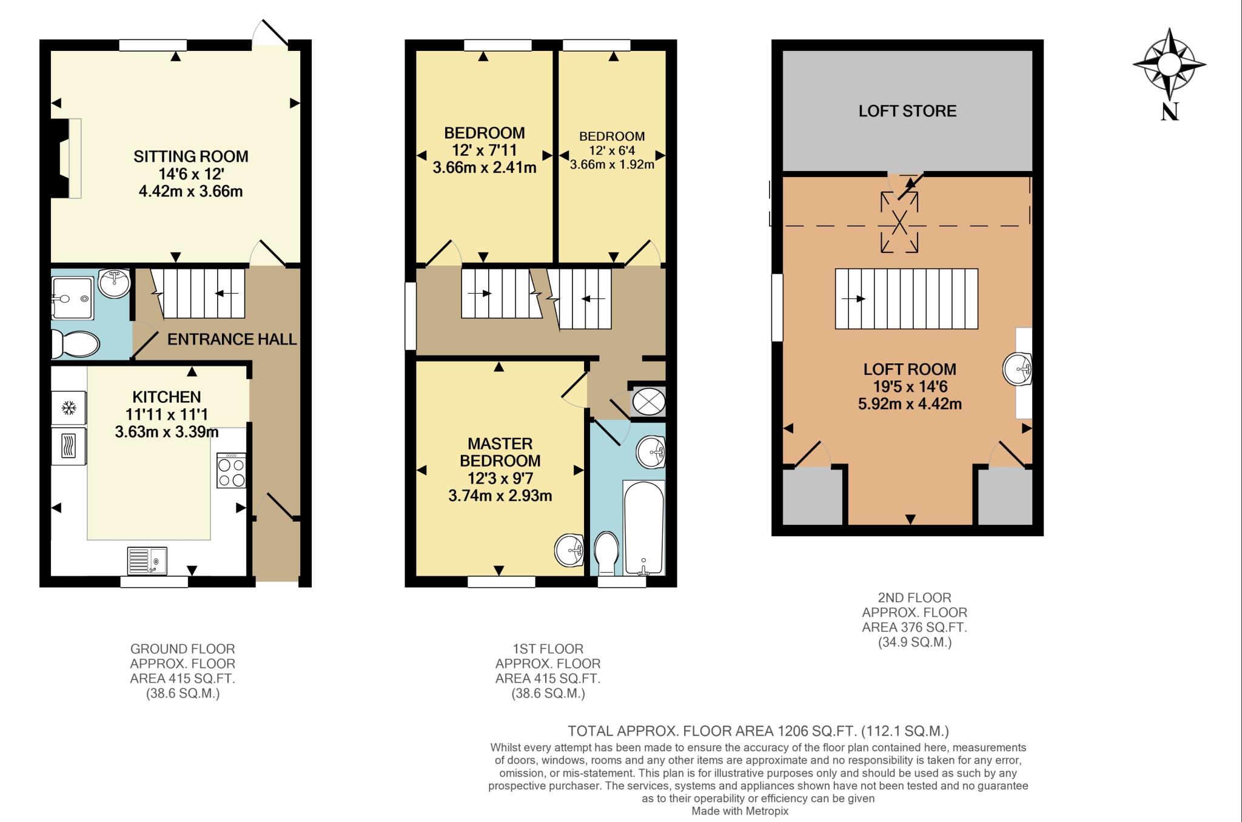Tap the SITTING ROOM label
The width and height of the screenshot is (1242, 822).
click(x=191, y=157)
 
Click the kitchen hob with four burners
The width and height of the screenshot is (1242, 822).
click(x=231, y=471)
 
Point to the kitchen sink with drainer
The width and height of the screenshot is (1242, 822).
click(x=147, y=560)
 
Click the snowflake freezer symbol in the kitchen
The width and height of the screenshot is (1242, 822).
click(x=69, y=409)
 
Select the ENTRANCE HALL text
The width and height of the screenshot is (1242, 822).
click(x=232, y=339)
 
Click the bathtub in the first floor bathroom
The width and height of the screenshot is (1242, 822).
click(x=643, y=527)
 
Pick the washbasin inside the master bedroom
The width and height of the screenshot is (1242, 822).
click(x=569, y=550)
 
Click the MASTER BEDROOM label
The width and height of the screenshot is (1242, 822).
click(x=500, y=452)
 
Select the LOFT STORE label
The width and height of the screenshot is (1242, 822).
click(x=907, y=111)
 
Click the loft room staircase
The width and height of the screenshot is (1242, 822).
click(x=907, y=298)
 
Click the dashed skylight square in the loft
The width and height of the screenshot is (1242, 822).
click(x=899, y=222)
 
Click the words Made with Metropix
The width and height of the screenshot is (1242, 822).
click(x=740, y=811)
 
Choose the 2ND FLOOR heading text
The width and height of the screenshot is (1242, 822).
click(x=915, y=598)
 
